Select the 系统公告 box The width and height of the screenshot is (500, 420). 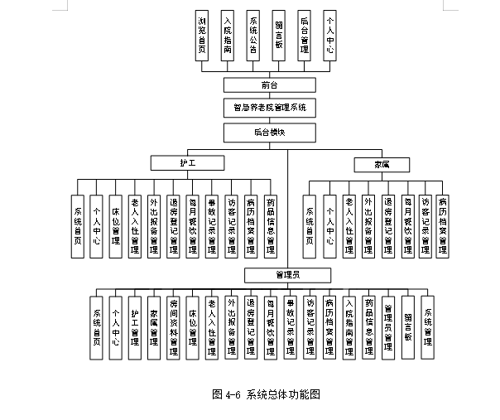[253, 36]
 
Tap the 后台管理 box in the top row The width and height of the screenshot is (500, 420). [305, 36]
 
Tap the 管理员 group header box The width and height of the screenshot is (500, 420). [287, 275]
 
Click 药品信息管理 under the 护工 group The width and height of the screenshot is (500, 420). [271, 224]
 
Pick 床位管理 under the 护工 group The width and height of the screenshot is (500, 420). [115, 224]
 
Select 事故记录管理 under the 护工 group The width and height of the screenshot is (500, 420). [212, 224]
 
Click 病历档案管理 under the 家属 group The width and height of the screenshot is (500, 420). [444, 224]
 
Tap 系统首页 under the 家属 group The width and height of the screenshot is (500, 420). [310, 224]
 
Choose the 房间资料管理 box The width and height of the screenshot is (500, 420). [173, 326]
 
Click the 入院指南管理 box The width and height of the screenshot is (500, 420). [349, 326]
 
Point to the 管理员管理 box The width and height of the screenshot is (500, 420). [388, 326]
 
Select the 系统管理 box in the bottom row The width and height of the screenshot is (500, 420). [427, 326]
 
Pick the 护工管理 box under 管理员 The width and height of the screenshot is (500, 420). [134, 326]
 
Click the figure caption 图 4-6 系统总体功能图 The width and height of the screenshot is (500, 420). [266, 394]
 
